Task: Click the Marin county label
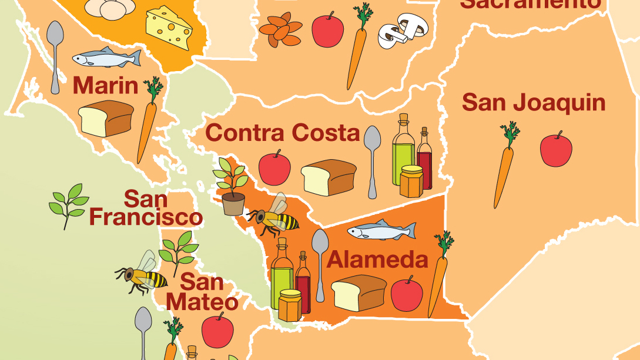[105, 86]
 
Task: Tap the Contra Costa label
[283, 133]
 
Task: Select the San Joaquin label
[533, 102]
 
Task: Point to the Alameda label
[377, 259]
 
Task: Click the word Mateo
[202, 302]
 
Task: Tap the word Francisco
[146, 217]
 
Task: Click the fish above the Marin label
[106, 58]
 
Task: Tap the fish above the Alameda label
[381, 230]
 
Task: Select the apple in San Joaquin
[556, 149]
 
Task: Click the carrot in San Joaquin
[505, 164]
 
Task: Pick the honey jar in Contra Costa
[411, 181]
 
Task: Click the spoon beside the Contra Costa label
[372, 160]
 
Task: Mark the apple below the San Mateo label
[217, 330]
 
